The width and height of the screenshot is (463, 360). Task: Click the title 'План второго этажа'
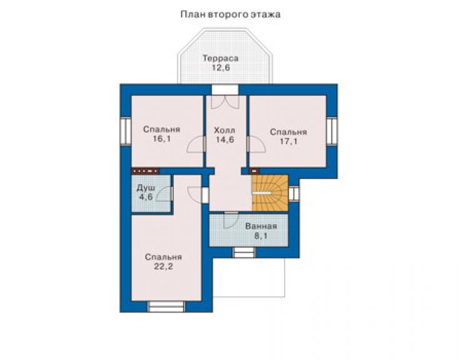230,14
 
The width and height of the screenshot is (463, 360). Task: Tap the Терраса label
220,58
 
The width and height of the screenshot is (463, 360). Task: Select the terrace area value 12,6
221,68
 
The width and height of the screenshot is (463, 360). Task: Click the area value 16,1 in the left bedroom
162,138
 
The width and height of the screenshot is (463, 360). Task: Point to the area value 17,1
288,141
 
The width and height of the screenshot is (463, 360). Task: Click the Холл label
225,130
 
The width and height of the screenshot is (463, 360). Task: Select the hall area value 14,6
225,140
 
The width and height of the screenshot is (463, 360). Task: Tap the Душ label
146,187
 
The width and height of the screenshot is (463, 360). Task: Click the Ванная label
261,227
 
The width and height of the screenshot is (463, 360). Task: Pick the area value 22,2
163,266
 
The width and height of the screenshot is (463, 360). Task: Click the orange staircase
270,193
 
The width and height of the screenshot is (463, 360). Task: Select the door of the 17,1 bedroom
256,144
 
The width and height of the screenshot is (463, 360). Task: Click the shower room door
164,193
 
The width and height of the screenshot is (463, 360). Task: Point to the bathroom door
231,220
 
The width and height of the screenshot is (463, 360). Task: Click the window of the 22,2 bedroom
166,307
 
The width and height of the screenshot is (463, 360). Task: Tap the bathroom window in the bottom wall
244,252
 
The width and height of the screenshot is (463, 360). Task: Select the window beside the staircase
293,193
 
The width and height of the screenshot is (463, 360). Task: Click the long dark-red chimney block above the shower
145,171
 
